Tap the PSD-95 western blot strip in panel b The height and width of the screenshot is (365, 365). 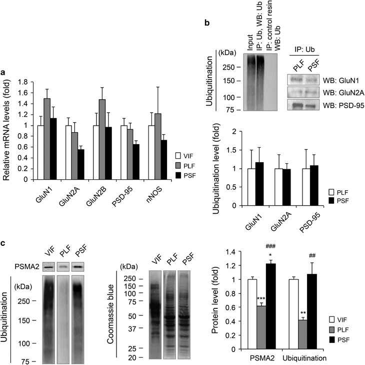(x=303, y=105)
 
